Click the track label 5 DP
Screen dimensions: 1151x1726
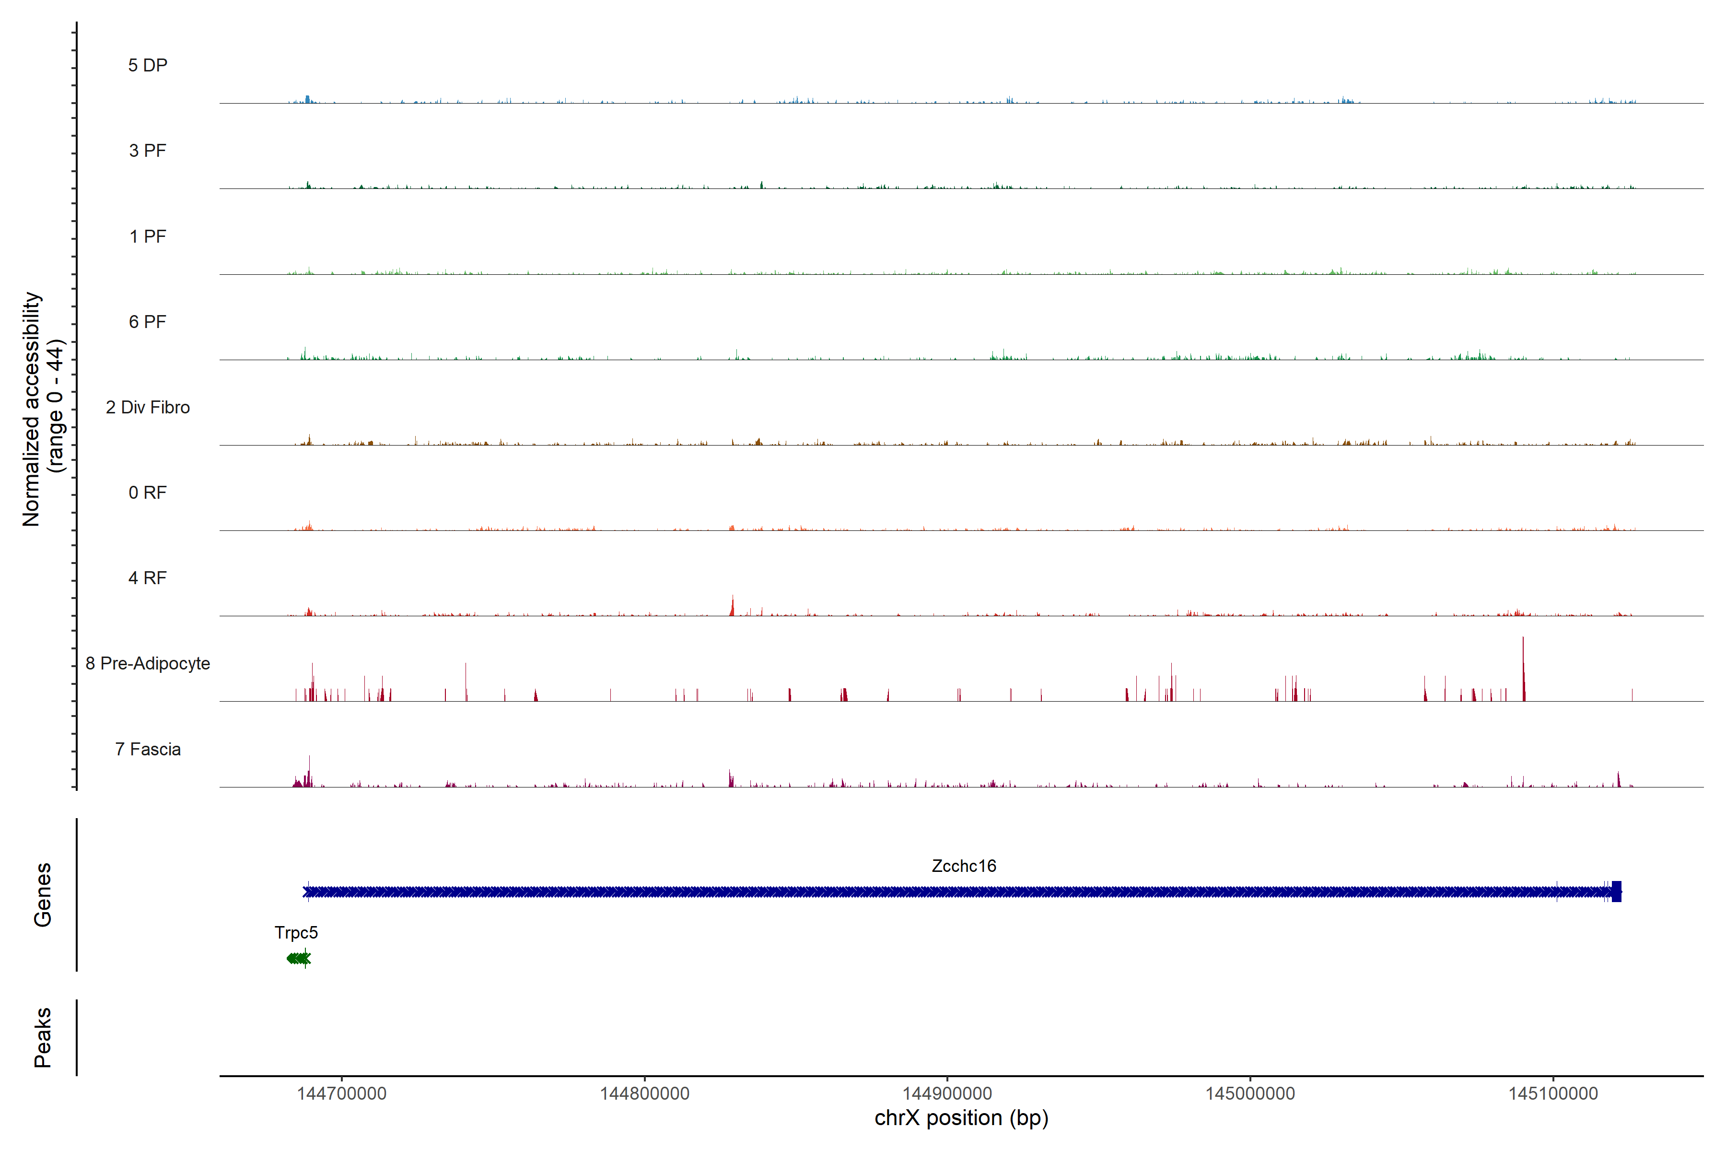pos(148,65)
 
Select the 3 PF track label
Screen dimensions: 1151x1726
pos(148,151)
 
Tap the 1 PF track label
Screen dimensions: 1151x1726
pos(148,236)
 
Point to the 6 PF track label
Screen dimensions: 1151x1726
pos(148,321)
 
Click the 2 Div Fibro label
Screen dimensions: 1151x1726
pos(148,407)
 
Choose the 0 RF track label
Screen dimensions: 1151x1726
pos(148,493)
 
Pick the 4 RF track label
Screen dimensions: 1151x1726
pos(148,578)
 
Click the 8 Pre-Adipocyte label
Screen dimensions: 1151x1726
pos(148,664)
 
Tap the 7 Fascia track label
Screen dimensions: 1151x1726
pos(148,749)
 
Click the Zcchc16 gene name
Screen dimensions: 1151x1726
pos(964,866)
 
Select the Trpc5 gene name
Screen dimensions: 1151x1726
pos(296,932)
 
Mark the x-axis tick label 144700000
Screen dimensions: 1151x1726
pos(341,1093)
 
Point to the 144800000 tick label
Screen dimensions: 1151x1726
pos(644,1093)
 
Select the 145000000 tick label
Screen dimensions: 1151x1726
pos(1250,1093)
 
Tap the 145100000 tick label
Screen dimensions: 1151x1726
pos(1553,1093)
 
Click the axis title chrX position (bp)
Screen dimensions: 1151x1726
pos(961,1118)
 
